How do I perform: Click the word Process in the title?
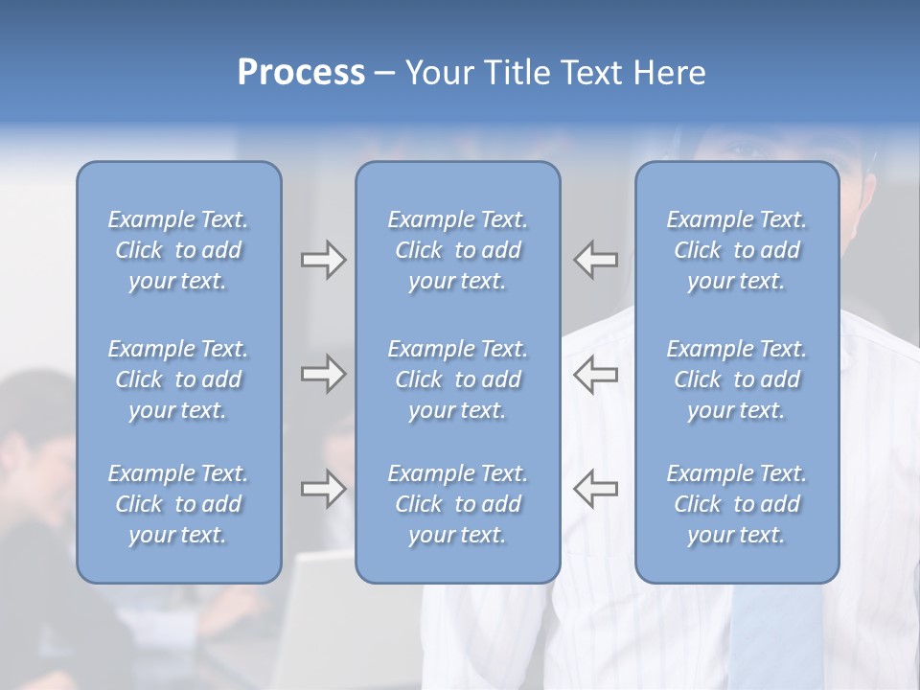click(301, 73)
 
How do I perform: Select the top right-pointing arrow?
click(323, 260)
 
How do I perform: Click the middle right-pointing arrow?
click(323, 374)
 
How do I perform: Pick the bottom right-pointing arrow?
click(323, 489)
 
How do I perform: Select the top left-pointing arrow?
click(596, 260)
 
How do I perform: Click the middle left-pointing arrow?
click(596, 374)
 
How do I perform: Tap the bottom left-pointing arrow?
click(596, 489)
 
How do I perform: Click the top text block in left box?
click(178, 250)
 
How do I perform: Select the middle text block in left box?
click(178, 379)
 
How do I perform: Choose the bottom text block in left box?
click(178, 504)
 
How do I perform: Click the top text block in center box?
click(458, 250)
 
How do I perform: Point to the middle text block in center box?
click(458, 379)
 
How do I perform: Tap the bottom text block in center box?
click(458, 504)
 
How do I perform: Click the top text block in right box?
click(737, 250)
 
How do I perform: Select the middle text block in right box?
click(737, 379)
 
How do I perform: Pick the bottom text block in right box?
click(737, 504)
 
